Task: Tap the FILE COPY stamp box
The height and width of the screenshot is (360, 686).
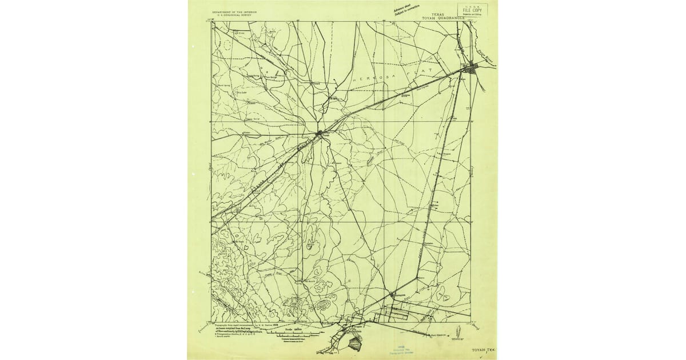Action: pyautogui.click(x=473, y=10)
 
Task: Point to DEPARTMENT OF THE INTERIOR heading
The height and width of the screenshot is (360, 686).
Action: pyautogui.click(x=234, y=11)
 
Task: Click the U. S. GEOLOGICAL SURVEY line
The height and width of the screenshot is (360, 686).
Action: pyautogui.click(x=234, y=14)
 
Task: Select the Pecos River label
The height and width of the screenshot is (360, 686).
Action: pyautogui.click(x=485, y=59)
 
